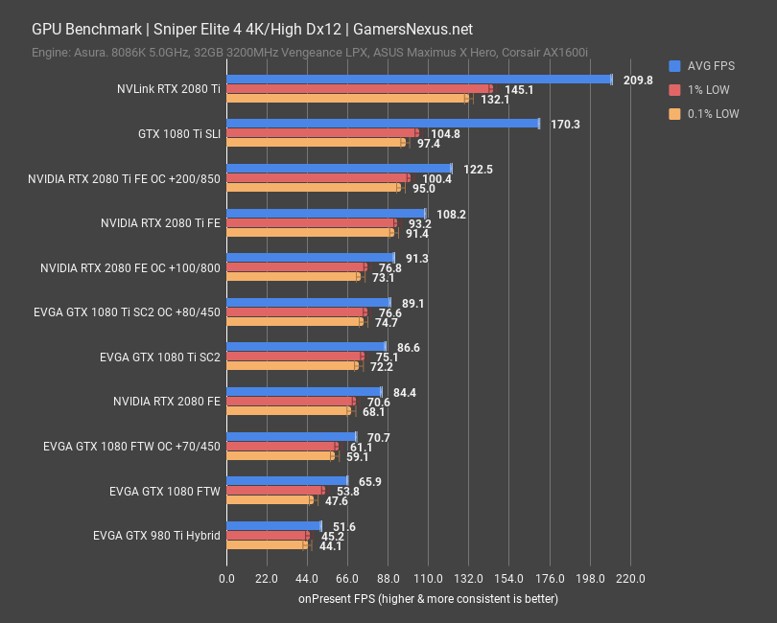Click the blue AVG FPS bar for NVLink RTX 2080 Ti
tap(418, 80)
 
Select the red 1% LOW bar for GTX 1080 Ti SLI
tap(321, 133)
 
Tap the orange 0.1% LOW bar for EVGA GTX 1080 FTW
tap(270, 500)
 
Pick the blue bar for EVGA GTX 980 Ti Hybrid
tap(273, 525)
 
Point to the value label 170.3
tap(565, 125)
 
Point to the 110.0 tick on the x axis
tap(428, 579)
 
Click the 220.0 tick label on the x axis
tap(629, 579)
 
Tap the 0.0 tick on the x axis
tap(226, 579)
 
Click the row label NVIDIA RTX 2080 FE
tap(166, 402)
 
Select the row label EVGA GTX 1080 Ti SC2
tap(159, 357)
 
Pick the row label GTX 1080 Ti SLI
tap(179, 133)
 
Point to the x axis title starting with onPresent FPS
tap(427, 599)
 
